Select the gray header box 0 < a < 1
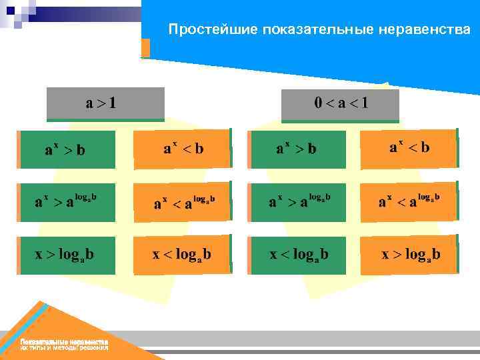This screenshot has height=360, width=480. click(x=340, y=105)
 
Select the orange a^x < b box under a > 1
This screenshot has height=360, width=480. click(x=181, y=148)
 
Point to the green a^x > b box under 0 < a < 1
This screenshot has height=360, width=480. click(x=298, y=149)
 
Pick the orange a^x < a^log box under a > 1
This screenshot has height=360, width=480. click(x=181, y=202)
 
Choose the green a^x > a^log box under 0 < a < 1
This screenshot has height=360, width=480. click(x=298, y=202)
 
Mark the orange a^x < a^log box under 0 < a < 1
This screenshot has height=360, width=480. click(x=409, y=201)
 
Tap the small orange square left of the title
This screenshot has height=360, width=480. click(x=145, y=48)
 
